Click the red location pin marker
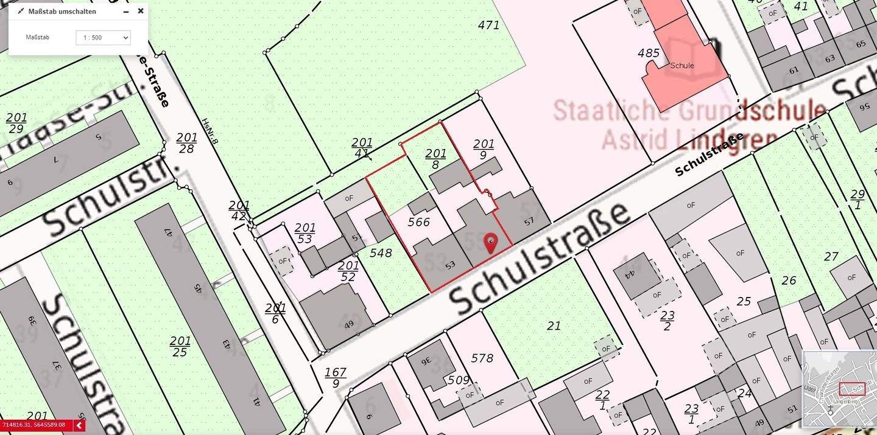coord(490,243)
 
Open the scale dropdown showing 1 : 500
coord(103,38)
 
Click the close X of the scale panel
coord(141,11)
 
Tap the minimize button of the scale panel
coord(126,12)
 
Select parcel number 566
coord(419,222)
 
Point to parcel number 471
coord(488,25)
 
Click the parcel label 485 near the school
coord(649,53)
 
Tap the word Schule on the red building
coord(682,66)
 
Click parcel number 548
coord(381,252)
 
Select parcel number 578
coord(482,358)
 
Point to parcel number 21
coord(554,325)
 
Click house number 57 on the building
coord(528,221)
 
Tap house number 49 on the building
coord(349,325)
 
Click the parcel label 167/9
coord(336,378)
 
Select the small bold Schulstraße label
coord(710,154)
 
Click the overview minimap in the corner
coord(839,389)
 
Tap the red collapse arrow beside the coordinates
coord(79,426)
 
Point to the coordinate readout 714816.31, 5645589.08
coord(34,425)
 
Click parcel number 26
coord(789,280)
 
